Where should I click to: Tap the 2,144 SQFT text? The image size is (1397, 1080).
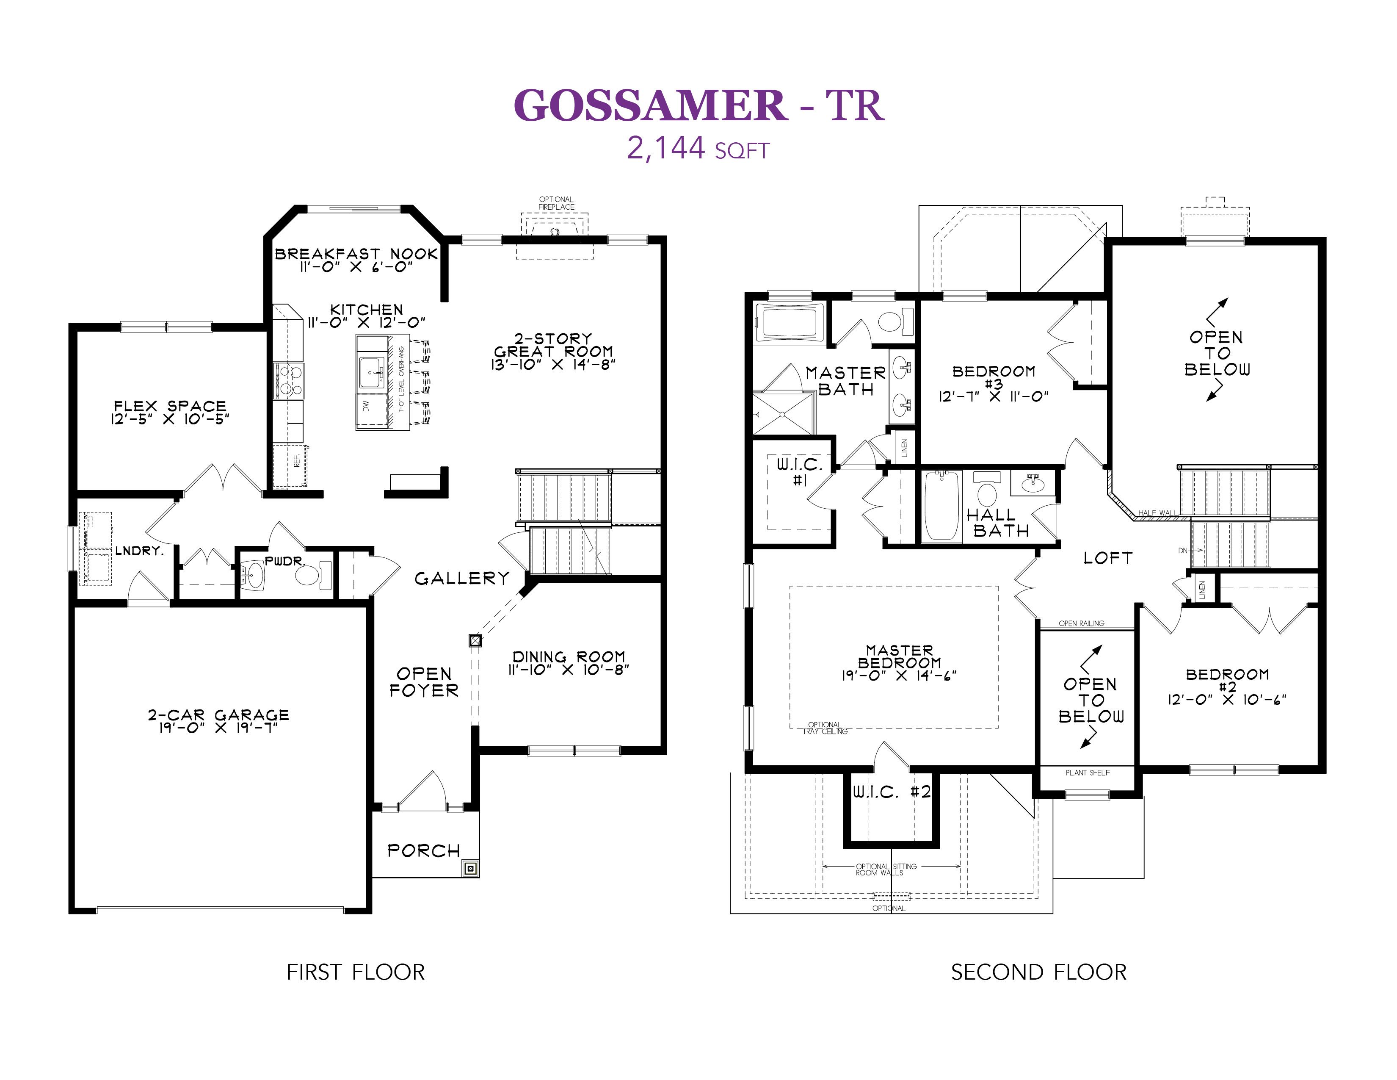[x=698, y=148]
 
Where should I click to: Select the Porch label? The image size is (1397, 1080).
[x=423, y=850]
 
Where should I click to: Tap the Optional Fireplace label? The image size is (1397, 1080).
[x=557, y=203]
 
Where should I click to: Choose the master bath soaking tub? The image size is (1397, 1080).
[x=790, y=322]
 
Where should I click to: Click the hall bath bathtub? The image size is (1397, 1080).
[x=943, y=506]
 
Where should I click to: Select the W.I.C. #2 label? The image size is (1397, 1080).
[x=892, y=792]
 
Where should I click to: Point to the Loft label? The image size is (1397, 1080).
[x=1108, y=558]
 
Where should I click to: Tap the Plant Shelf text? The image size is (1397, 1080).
[x=1088, y=773]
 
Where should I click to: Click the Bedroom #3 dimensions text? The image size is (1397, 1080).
[x=994, y=397]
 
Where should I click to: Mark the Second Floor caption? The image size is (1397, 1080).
[x=1039, y=972]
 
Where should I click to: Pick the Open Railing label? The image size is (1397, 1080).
[x=1082, y=623]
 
